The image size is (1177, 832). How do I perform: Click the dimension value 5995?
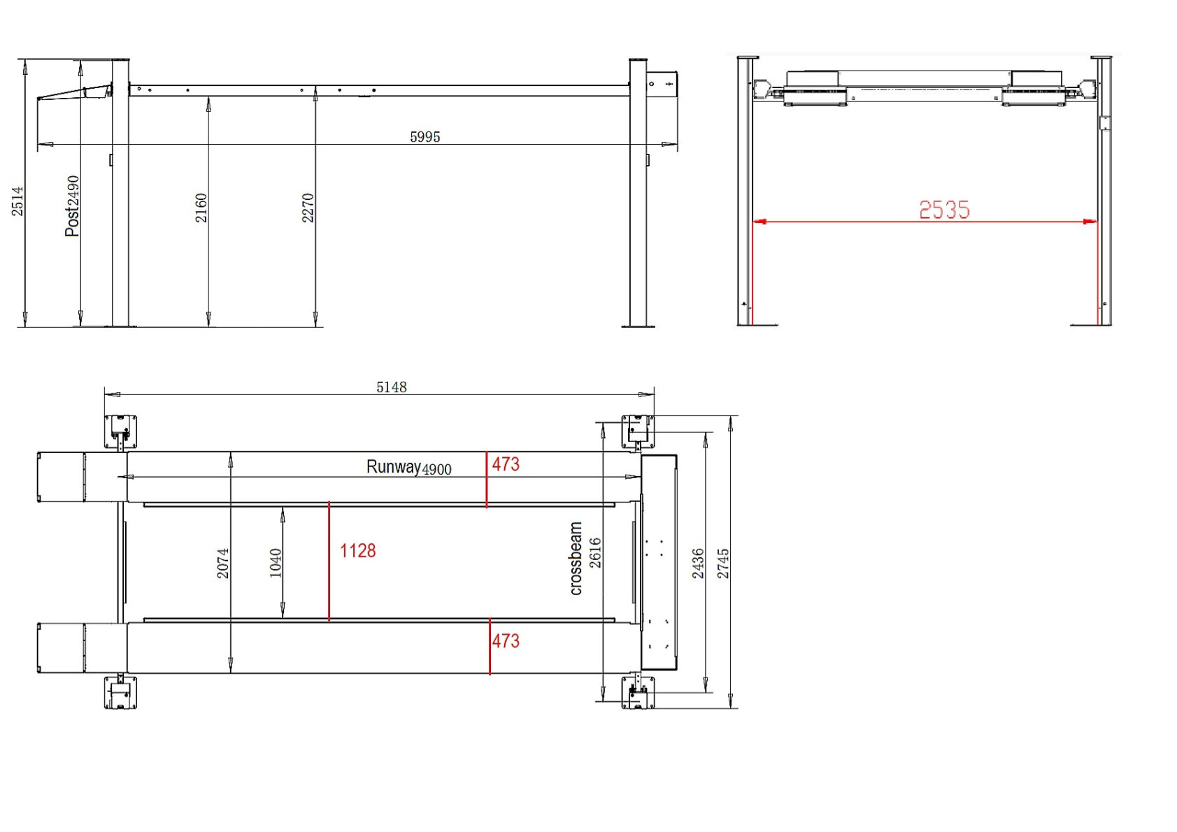[425, 137]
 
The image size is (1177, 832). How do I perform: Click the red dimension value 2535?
[943, 210]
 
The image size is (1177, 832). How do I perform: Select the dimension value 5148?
[391, 387]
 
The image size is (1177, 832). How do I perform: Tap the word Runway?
[393, 466]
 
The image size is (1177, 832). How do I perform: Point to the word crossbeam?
[576, 559]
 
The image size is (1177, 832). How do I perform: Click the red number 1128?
[357, 551]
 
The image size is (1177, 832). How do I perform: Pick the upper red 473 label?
[505, 464]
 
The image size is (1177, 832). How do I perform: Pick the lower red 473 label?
[505, 641]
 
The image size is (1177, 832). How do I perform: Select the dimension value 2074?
[222, 563]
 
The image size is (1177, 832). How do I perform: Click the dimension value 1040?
[276, 563]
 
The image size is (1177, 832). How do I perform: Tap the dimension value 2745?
[723, 563]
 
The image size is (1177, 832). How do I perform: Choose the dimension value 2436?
[698, 563]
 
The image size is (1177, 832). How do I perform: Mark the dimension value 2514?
[17, 201]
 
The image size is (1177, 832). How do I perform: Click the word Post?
[72, 222]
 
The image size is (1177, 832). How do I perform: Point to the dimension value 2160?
[201, 208]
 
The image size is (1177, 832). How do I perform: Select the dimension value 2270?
[308, 208]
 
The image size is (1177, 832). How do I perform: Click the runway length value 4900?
[437, 470]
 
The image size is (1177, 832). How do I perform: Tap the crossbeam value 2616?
[595, 552]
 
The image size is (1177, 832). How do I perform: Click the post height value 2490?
[73, 189]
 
